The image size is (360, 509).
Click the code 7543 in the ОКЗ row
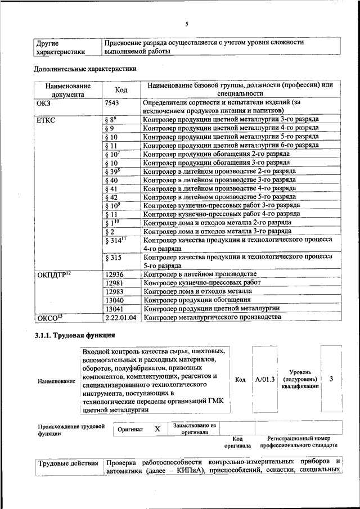tap(114, 103)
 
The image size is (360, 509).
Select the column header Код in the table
tap(121, 89)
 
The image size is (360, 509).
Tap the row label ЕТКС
tap(47, 120)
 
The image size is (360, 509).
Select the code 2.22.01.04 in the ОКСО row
tap(121, 317)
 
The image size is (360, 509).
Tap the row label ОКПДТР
tap(54, 274)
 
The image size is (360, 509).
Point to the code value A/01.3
tap(264, 379)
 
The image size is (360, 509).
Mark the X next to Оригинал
tap(157, 429)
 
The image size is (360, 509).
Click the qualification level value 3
tap(331, 379)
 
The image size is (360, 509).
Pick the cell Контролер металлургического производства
tap(211, 317)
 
